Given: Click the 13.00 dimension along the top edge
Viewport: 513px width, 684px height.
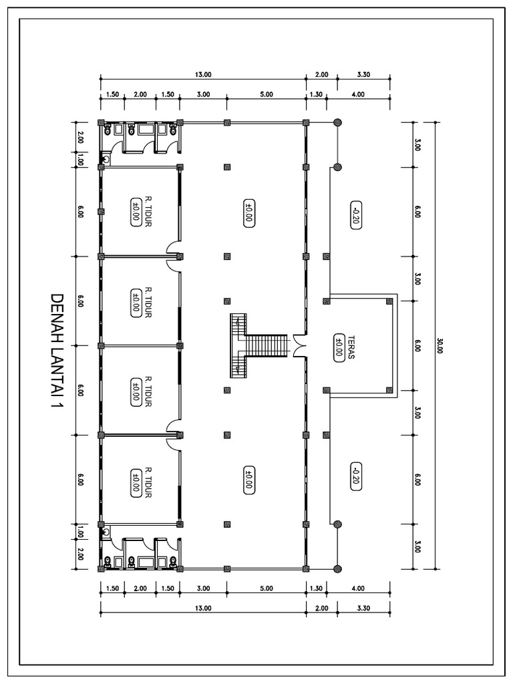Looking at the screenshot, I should [203, 74].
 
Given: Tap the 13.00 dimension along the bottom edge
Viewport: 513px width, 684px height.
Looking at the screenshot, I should [203, 608].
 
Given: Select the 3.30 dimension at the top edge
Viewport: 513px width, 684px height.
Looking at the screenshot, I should [364, 74].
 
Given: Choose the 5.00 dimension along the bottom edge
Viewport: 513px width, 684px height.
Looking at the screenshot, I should [266, 589].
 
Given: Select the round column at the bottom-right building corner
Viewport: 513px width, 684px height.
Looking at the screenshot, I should [337, 568].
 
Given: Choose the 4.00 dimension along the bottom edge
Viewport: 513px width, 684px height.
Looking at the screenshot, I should [358, 589].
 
